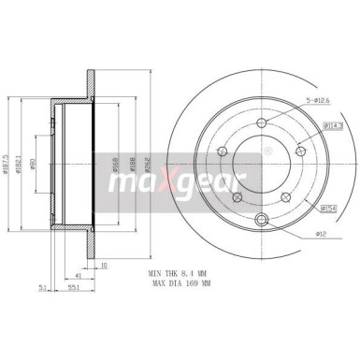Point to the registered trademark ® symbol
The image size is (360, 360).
click(x=267, y=150)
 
